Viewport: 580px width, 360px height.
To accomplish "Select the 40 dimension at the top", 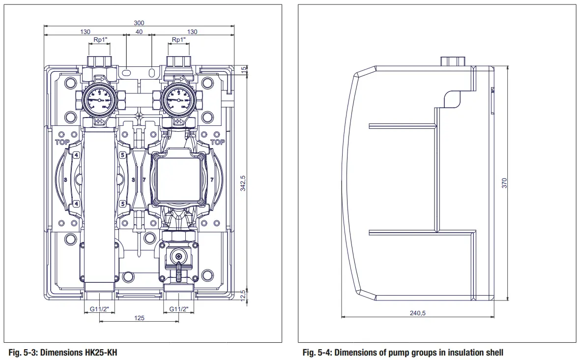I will pyautogui.click(x=139, y=31).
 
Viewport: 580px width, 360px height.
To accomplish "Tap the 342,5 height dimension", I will pyautogui.click(x=242, y=183).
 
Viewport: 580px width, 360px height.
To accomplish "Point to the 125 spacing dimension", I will pyautogui.click(x=139, y=318).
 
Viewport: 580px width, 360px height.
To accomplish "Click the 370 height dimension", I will pyautogui.click(x=504, y=183).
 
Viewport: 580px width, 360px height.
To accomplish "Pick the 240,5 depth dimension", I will pyautogui.click(x=417, y=313).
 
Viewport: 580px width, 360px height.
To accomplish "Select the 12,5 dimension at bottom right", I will pyautogui.click(x=242, y=297).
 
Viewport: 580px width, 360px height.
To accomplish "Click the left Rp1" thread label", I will pyautogui.click(x=100, y=39).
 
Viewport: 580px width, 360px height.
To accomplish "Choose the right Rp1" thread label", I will pyautogui.click(x=179, y=39).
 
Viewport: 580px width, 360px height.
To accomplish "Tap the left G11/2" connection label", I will pyautogui.click(x=100, y=309).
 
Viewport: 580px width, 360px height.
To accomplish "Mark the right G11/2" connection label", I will pyautogui.click(x=179, y=309).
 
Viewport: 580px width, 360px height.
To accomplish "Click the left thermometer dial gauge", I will pyautogui.click(x=99, y=99).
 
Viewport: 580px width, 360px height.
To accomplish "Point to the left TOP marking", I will pyautogui.click(x=62, y=142).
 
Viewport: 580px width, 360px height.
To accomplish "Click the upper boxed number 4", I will pyautogui.click(x=76, y=155).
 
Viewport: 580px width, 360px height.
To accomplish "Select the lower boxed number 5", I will pyautogui.click(x=122, y=203).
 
